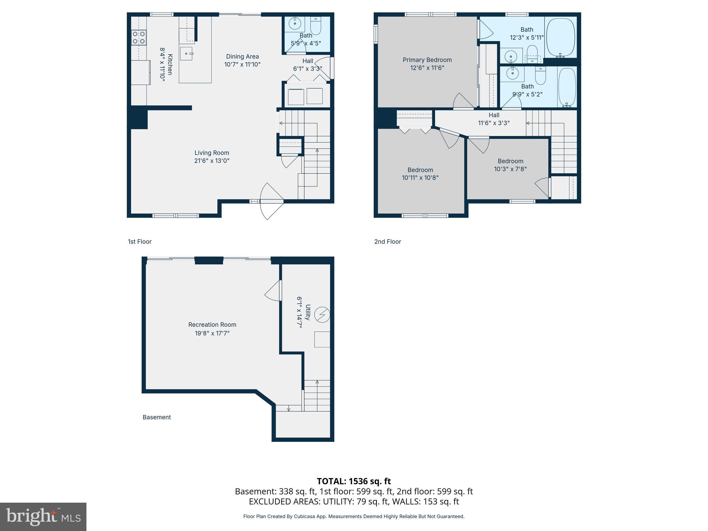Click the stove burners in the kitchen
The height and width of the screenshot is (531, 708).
coord(139,37)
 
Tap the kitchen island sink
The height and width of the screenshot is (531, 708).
coord(187,54)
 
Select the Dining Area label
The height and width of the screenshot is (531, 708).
coord(242,57)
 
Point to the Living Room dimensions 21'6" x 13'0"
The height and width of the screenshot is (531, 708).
coord(212,161)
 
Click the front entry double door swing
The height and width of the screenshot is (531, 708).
coord(271,201)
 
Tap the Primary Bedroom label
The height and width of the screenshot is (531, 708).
coord(427,60)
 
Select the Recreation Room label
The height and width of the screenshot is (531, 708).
coord(212,325)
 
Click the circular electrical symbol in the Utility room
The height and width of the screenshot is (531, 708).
coord(322,315)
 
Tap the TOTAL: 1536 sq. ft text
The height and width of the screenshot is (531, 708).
coord(354,481)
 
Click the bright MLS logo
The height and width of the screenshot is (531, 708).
coord(43,516)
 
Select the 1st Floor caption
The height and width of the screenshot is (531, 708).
coord(140,242)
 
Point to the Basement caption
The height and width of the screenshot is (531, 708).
coord(157,417)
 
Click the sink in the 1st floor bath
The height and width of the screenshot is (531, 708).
coord(295,24)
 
